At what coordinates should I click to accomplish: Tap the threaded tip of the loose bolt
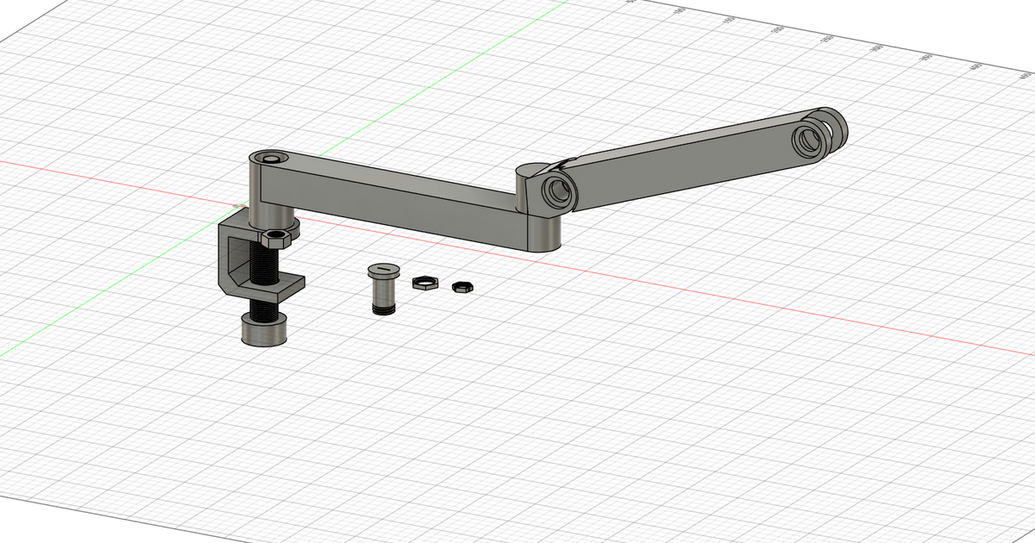tap(380, 307)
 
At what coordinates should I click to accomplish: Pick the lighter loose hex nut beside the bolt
tap(424, 282)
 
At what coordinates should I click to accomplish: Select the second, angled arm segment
tap(690, 164)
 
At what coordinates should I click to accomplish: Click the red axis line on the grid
tap(776, 310)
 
